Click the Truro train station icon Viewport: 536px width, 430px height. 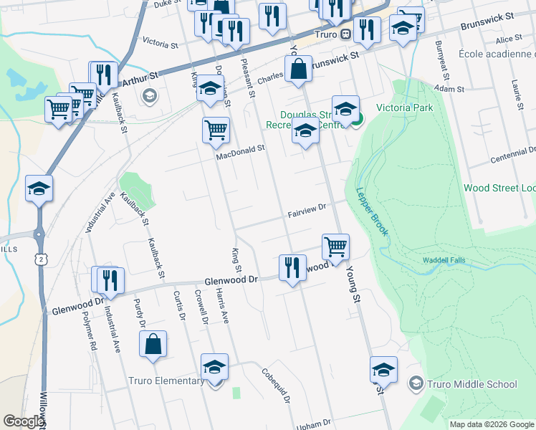click(x=345, y=34)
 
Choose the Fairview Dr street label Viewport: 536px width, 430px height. click(x=307, y=209)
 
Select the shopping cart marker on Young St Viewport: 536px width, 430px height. click(x=335, y=247)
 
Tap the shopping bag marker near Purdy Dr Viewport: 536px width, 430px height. click(x=153, y=344)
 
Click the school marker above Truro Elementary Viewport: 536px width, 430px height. click(x=214, y=368)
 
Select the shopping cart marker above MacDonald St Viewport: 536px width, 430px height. click(x=216, y=130)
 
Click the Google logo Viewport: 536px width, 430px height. click(x=23, y=421)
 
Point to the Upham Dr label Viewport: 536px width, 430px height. click(x=315, y=422)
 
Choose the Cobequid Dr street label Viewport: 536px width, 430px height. click(x=274, y=386)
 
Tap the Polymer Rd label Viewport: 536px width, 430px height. click(x=89, y=330)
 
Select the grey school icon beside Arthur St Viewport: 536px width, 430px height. click(x=150, y=95)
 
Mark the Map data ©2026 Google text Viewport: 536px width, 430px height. click(x=491, y=424)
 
